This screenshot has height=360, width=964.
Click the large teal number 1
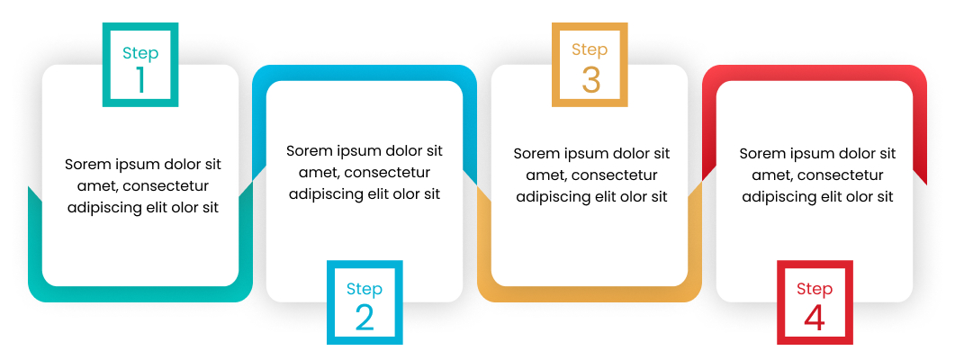point(140,80)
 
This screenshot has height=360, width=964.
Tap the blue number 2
point(365,317)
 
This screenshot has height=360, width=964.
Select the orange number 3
point(590,80)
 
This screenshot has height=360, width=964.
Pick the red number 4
point(815,317)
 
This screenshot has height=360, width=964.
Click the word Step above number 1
point(140,53)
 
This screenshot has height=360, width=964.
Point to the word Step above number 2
point(365,290)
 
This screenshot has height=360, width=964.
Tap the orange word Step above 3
point(590,49)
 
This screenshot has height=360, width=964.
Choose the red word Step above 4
point(815,290)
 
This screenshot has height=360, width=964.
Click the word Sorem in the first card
point(85,165)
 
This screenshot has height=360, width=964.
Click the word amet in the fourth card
point(770,175)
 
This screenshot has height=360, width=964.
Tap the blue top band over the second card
point(365,73)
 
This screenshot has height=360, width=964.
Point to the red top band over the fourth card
point(815,73)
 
